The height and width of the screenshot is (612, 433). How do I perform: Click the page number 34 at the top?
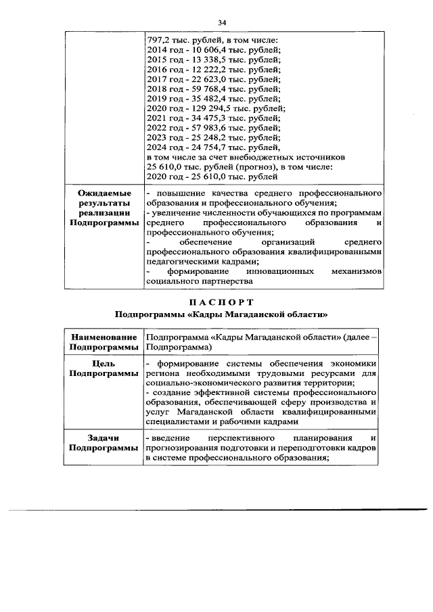(x=221, y=23)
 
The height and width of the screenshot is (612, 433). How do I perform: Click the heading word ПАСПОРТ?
(x=221, y=302)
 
